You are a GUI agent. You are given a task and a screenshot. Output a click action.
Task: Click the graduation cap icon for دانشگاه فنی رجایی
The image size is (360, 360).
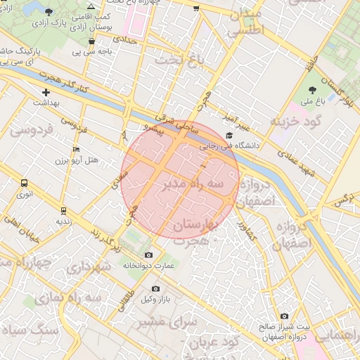point(229,136)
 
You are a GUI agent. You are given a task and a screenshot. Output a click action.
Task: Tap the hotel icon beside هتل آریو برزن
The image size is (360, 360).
point(77,149)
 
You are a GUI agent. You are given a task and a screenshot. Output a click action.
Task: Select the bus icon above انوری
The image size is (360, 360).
point(25,183)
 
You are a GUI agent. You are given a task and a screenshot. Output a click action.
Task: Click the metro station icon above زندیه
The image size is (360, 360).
point(63,210)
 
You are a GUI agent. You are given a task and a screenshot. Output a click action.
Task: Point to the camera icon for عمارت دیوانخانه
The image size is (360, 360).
point(148,255)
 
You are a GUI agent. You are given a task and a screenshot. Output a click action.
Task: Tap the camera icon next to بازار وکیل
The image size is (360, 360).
point(155,288)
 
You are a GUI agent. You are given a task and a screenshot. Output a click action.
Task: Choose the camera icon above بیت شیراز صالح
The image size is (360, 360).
point(284,316)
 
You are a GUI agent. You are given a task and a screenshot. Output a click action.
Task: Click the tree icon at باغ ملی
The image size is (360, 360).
point(313,90)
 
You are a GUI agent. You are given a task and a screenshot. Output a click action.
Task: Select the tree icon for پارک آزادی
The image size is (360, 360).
point(48,12)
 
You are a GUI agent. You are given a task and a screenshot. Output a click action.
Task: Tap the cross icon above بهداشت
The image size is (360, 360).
point(46,92)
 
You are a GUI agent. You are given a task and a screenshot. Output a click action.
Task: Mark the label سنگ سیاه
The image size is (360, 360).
point(27,329)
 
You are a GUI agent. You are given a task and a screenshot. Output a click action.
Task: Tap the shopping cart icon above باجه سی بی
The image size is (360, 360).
point(92,41)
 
